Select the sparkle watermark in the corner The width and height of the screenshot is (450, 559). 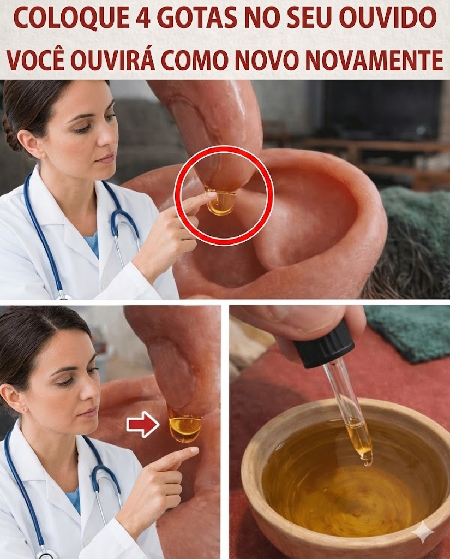click(423, 533)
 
